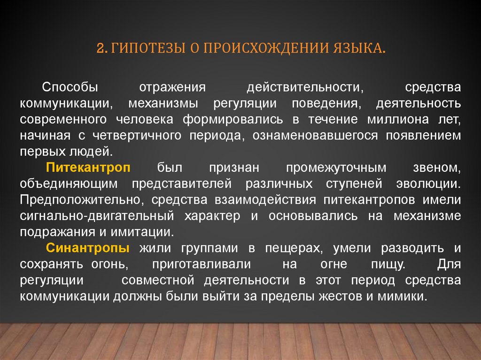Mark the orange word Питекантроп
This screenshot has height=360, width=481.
[x=88, y=167]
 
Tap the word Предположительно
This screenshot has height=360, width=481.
[x=81, y=199]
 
